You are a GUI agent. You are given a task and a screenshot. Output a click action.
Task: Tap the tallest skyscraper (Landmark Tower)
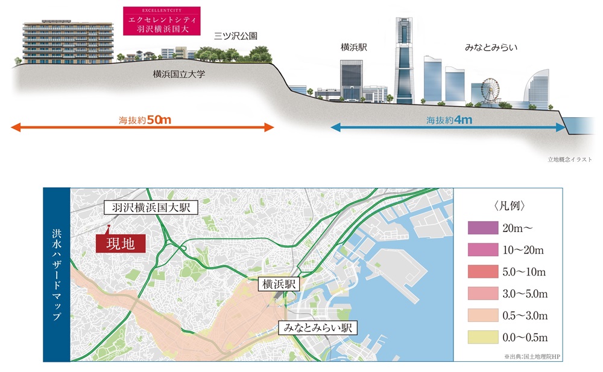point(404,60)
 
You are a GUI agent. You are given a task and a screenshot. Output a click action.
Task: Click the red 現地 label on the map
point(121,244)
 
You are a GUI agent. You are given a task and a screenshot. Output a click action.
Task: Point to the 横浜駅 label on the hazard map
point(279,284)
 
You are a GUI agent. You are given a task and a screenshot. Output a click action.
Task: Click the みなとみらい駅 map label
point(317,329)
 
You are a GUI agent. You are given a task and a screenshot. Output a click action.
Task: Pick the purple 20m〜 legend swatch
point(481,228)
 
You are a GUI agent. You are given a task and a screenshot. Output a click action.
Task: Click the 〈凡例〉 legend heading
point(508,205)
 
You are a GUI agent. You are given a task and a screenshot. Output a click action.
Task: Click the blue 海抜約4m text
point(449,120)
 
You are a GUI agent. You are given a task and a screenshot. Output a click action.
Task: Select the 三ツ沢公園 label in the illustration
point(236,37)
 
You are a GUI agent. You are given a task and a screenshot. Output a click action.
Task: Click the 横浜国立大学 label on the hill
point(179,74)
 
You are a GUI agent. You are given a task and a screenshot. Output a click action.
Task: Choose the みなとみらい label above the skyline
point(491,46)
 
